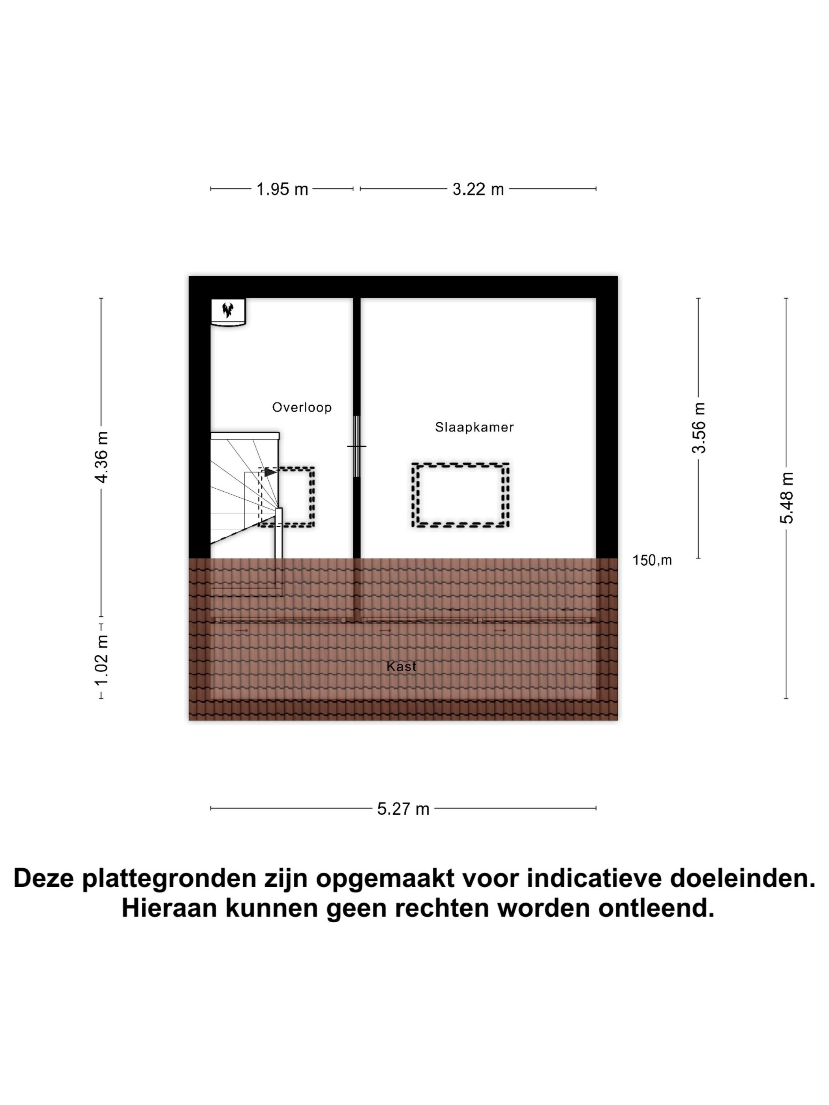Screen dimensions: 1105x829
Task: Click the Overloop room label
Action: pos(301,407)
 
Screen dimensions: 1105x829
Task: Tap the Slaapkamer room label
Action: pos(474,427)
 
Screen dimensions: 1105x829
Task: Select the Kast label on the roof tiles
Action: pos(401,666)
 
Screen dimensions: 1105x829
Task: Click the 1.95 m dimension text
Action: pos(282,189)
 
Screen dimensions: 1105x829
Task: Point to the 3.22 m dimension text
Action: pos(478,189)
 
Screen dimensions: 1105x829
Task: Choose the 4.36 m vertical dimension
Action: pos(101,457)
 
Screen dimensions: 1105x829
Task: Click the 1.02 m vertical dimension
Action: pos(101,660)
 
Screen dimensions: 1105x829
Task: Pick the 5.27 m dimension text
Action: pos(403,809)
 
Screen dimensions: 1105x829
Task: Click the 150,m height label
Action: pos(652,560)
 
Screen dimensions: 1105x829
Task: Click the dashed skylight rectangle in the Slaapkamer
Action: pos(460,494)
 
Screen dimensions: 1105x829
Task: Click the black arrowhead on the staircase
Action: pos(269,472)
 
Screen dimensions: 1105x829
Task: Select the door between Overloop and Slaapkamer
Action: pos(356,446)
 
